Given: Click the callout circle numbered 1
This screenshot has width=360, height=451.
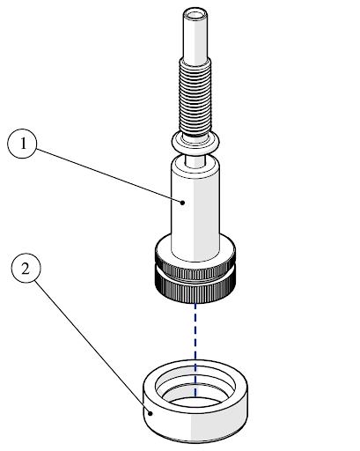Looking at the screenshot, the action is tap(22, 144).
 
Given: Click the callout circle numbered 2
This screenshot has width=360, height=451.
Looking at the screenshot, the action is tap(26, 268).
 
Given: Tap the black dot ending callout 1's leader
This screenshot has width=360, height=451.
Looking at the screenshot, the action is tap(182, 203).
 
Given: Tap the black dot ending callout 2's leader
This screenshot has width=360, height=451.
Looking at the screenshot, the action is tap(151, 413).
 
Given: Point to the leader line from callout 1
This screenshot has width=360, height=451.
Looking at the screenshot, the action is tap(108, 175).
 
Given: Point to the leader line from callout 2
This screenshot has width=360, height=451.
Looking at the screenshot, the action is tap(92, 346).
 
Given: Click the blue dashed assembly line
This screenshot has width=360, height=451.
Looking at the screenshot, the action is tap(195, 350).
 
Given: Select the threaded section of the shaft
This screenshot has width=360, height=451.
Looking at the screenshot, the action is tap(195, 97).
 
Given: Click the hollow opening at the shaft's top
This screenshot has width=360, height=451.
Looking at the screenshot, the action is tap(195, 15).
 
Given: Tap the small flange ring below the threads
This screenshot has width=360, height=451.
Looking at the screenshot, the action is tap(195, 144).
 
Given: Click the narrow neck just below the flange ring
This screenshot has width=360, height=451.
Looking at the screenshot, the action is tap(195, 161).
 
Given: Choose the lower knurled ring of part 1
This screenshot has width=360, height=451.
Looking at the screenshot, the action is tap(195, 292).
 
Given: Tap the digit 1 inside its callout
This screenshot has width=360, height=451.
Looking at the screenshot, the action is tap(23, 144).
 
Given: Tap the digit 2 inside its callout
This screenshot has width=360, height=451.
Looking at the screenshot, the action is tap(26, 269).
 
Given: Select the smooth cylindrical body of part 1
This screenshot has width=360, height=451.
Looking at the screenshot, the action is tap(195, 211).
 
